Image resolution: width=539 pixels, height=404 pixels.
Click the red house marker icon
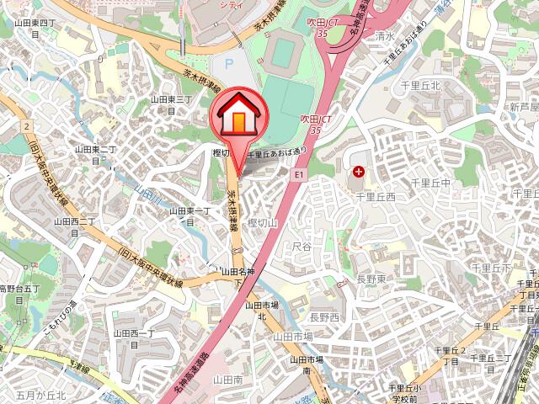239,120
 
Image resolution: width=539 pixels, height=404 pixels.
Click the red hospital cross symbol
360,173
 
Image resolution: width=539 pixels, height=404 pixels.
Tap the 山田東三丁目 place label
173,104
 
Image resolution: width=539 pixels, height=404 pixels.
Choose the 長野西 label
324,317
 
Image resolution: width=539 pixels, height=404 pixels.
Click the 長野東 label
371,279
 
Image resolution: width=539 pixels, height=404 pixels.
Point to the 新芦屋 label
523,107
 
